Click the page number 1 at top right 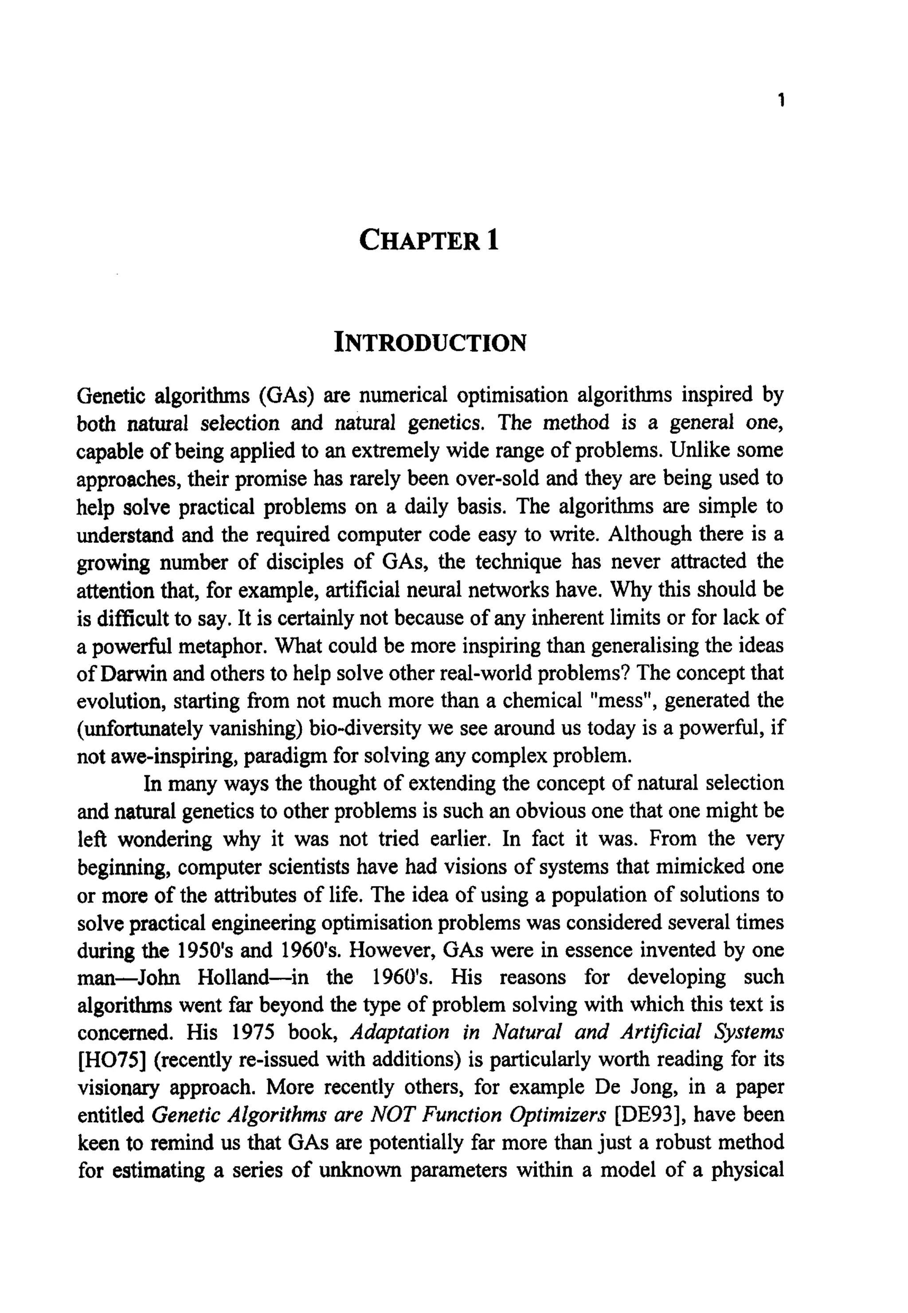click(x=782, y=101)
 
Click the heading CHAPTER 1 click(x=430, y=240)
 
